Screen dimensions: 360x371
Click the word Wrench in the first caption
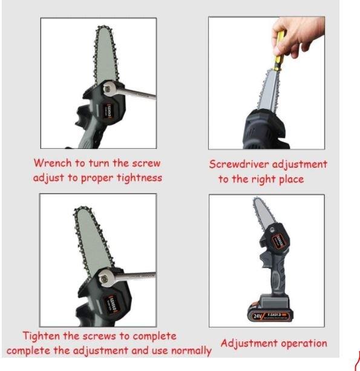pos(53,163)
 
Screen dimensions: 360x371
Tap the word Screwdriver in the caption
pos(239,164)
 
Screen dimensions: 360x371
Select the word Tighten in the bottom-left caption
pos(41,336)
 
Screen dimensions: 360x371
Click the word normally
pos(191,351)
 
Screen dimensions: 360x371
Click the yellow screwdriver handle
pos(279,51)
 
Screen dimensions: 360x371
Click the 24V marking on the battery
pos(257,316)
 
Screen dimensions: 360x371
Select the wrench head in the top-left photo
pos(108,88)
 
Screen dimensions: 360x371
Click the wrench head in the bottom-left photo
pos(104,278)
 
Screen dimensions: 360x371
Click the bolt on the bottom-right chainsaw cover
pos(272,229)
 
